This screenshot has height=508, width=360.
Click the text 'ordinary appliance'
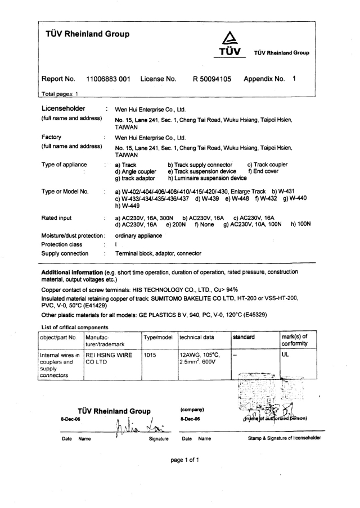click(138, 235)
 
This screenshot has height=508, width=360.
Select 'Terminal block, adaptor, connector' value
click(158, 253)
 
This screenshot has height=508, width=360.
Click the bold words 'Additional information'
click(71, 271)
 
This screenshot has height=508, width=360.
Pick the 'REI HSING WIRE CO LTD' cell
click(108, 360)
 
